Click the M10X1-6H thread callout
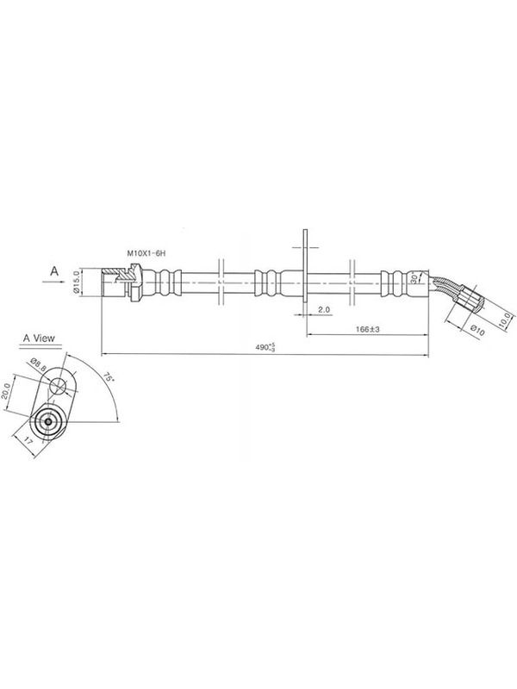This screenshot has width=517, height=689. tap(146, 252)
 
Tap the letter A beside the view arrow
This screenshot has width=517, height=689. tap(54, 271)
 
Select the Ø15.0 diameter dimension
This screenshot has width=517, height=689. tap(75, 282)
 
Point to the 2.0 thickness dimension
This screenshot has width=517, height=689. tap(324, 309)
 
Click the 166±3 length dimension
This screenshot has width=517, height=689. tap(368, 329)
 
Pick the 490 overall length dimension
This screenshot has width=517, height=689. tap(265, 347)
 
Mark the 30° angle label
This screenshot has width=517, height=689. tap(414, 277)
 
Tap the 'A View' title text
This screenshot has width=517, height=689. tap(39, 338)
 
